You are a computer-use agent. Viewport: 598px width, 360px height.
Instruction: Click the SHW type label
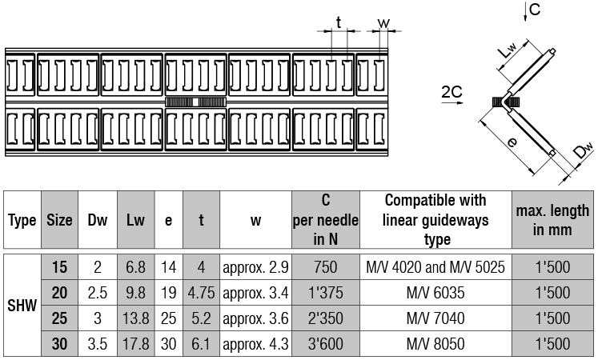[22, 306]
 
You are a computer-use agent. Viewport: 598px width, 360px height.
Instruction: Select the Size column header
[59, 220]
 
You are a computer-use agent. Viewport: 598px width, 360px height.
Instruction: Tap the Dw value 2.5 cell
[98, 293]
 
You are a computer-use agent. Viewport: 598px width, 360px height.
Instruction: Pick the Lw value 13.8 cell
[136, 318]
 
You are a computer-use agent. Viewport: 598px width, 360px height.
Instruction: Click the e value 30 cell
[169, 344]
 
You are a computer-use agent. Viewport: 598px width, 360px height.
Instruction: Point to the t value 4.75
[202, 293]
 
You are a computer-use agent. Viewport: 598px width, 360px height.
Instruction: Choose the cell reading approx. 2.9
[255, 267]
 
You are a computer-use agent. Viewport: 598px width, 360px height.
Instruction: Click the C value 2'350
[326, 318]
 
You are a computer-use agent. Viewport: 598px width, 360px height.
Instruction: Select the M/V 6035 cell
[435, 293]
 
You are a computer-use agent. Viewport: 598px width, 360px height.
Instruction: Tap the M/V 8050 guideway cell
[435, 344]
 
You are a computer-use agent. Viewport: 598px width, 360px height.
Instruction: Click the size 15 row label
[59, 267]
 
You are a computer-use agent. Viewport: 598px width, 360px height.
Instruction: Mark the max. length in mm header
[552, 220]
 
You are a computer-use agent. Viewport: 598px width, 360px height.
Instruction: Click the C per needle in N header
[326, 220]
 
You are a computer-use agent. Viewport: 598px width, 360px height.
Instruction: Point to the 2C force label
[452, 92]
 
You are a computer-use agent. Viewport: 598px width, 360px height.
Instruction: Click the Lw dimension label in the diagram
[508, 50]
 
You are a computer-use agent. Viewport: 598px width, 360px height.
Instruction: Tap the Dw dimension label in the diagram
[584, 150]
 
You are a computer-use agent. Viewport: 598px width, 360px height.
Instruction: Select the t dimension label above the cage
[339, 23]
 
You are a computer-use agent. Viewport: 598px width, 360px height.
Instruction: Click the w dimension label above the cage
[383, 23]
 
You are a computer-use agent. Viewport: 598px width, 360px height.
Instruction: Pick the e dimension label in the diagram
[512, 142]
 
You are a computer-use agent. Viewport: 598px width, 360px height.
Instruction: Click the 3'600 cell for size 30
[326, 344]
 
